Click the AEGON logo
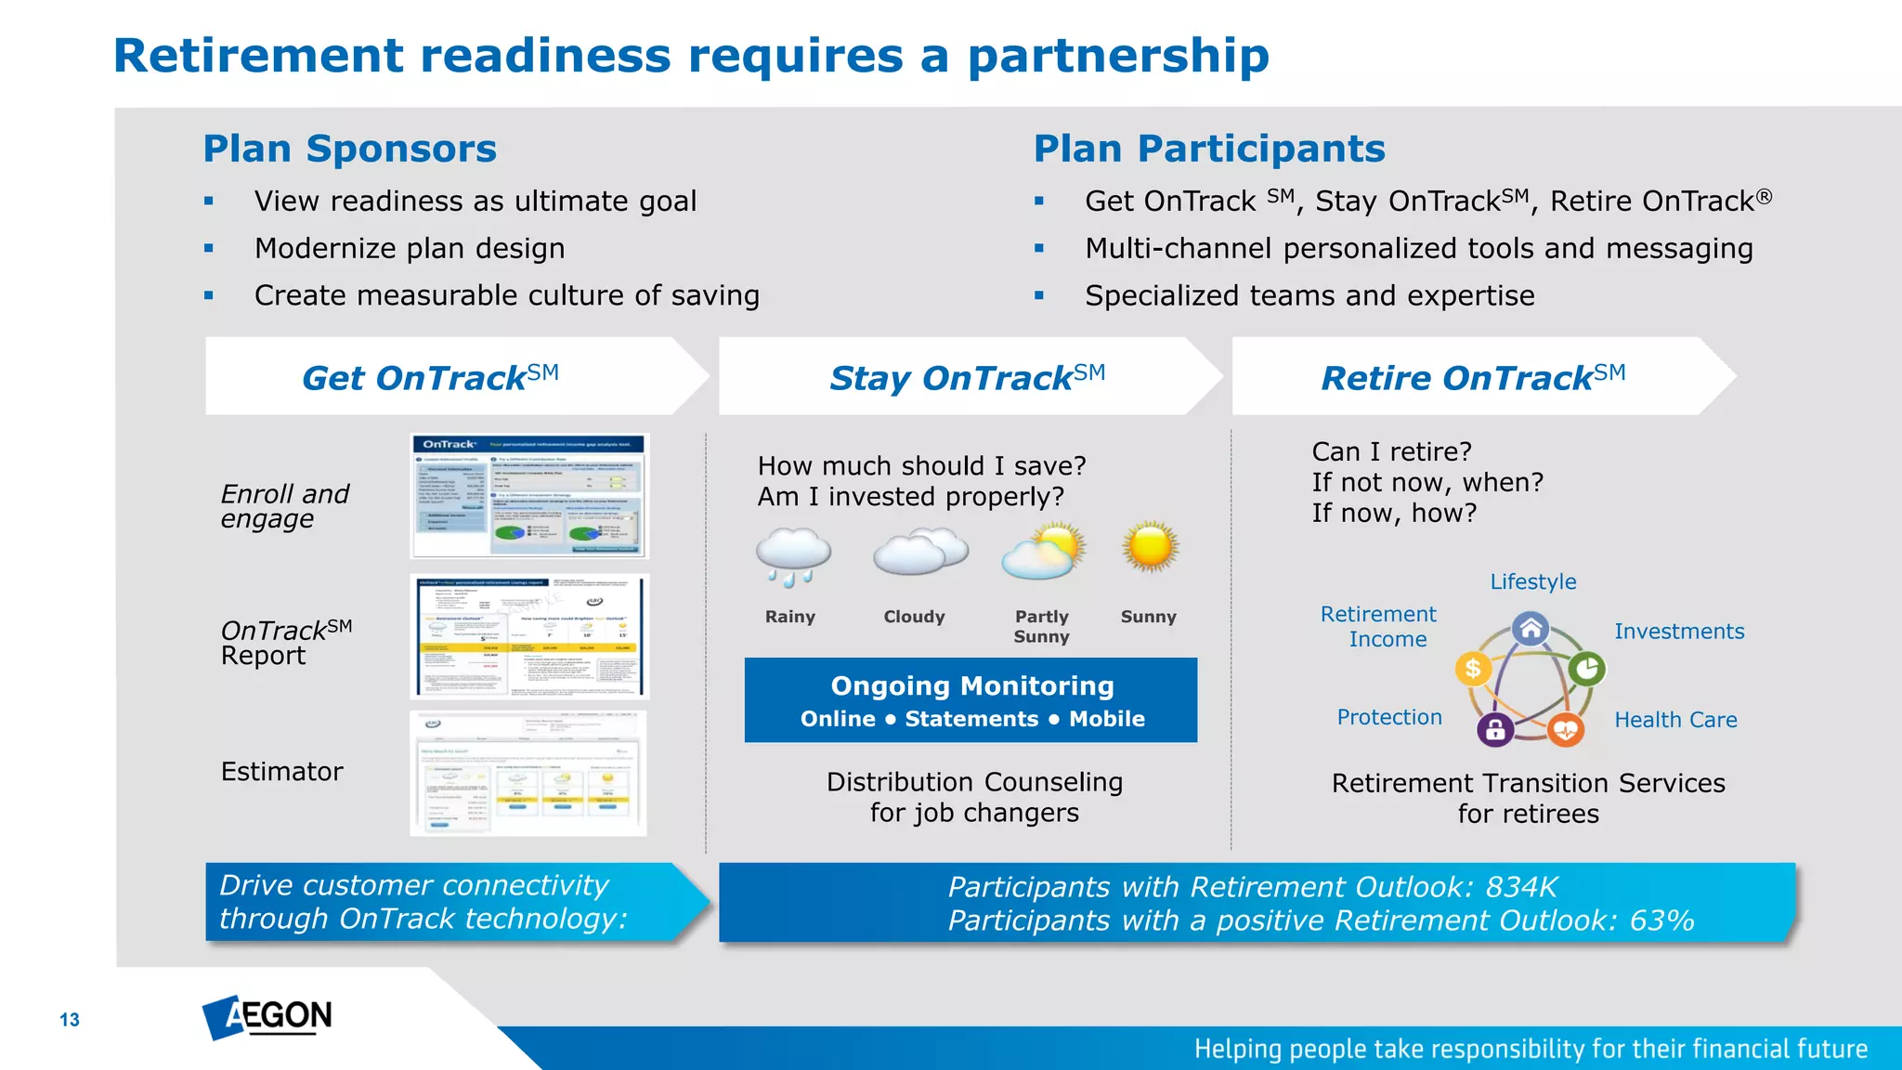(x=267, y=1017)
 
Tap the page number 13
(x=70, y=1020)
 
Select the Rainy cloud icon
(x=792, y=555)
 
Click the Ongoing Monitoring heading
(x=971, y=685)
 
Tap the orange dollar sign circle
(x=1473, y=668)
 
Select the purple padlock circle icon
(x=1495, y=730)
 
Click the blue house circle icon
(x=1531, y=629)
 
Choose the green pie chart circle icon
(x=1587, y=668)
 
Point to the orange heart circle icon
(x=1566, y=730)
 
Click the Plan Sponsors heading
(x=349, y=149)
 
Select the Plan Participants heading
(x=1208, y=149)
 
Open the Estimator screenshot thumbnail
(x=528, y=774)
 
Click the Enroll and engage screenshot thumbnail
(x=529, y=496)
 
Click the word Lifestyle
(x=1532, y=581)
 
